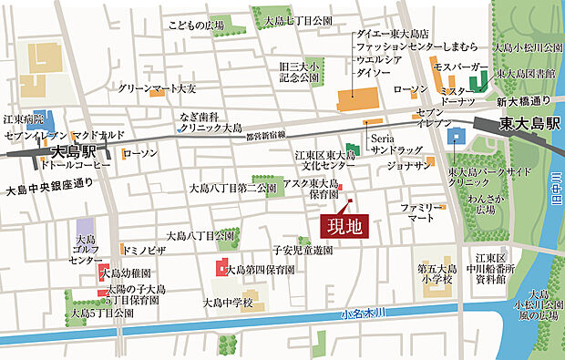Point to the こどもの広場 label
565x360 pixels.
click(x=197, y=26)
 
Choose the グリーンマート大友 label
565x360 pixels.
click(x=158, y=88)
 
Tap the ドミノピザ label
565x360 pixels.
click(x=143, y=248)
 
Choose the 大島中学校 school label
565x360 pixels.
click(x=227, y=302)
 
